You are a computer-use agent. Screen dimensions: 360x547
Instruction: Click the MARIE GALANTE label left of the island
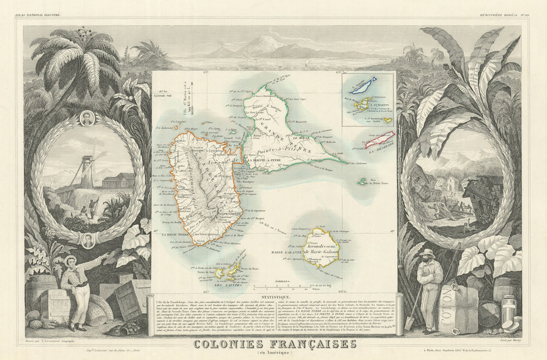287,252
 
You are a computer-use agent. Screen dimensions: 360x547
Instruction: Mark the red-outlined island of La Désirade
379,140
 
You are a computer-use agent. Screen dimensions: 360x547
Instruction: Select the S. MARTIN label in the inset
378,100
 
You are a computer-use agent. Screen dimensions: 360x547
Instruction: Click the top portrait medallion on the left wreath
88,119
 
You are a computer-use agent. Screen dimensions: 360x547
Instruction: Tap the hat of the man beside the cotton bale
426,253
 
